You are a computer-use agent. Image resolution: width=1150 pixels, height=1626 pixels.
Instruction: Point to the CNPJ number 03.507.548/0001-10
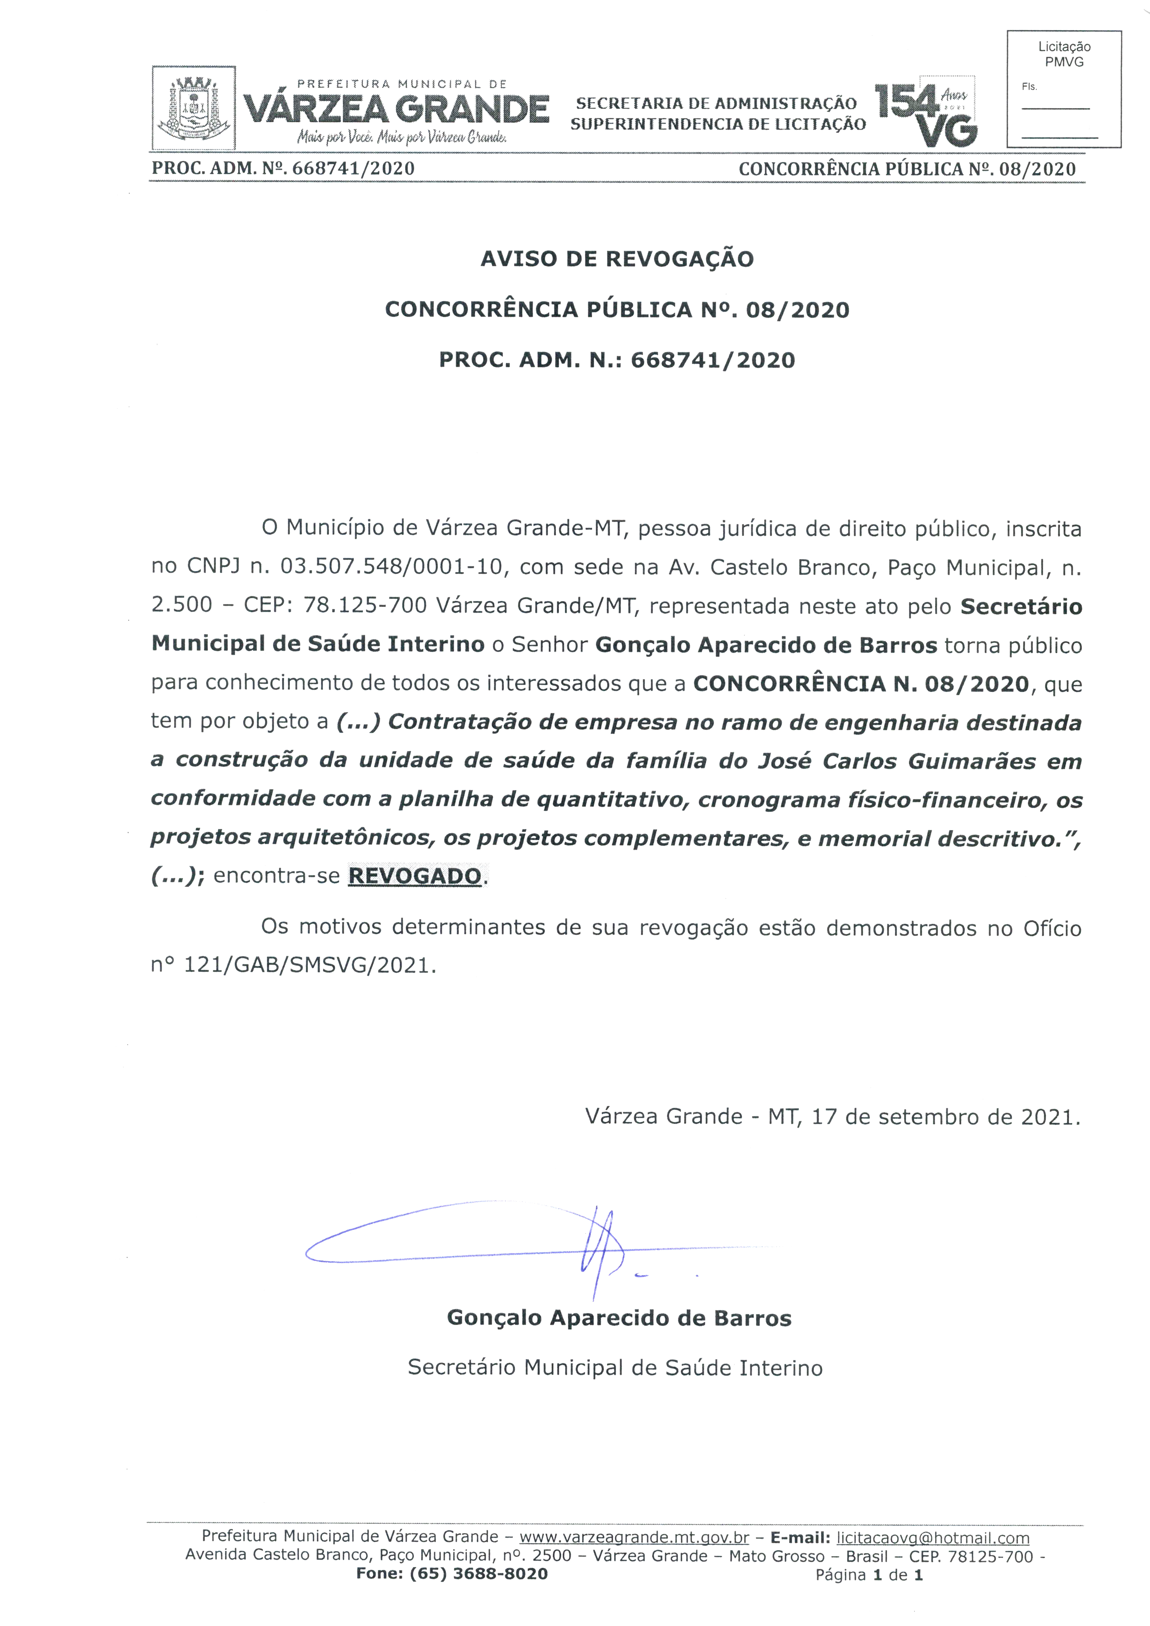(391, 567)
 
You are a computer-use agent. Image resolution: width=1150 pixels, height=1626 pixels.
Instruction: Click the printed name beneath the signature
(619, 1318)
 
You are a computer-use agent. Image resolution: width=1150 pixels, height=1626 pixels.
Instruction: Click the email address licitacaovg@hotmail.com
(933, 1537)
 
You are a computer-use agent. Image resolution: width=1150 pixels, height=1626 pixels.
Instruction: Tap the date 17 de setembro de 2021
(945, 1117)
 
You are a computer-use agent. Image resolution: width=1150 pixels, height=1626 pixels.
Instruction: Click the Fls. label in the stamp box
(1029, 86)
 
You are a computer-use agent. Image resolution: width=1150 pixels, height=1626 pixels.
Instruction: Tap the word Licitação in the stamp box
(1064, 47)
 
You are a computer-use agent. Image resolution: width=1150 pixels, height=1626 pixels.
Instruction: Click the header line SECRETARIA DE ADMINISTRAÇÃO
(716, 103)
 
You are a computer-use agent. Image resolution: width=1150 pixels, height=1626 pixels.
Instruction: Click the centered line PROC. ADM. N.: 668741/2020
(617, 360)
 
